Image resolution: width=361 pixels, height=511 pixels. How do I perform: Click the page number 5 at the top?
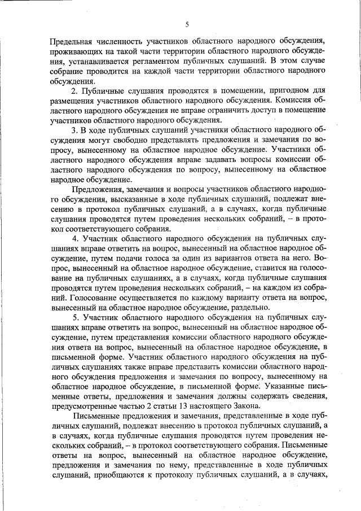(186, 23)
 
